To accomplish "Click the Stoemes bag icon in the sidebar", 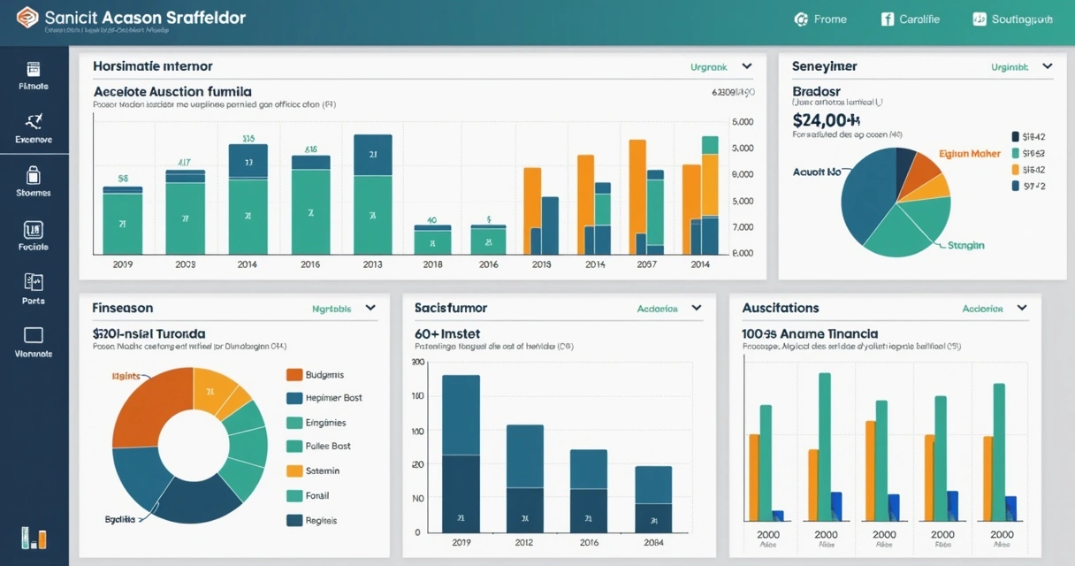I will point(34,174).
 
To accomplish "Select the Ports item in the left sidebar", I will point(34,283).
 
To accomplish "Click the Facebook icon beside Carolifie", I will point(888,19).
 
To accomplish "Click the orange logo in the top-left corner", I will point(27,18).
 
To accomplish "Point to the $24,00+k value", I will point(827,120).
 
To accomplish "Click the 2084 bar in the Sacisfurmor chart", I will point(653,499).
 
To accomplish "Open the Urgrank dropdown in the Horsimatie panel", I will point(720,66).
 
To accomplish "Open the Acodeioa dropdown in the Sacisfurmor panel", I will point(669,309).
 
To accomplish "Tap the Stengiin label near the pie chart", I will point(965,245).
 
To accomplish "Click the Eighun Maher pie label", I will point(969,154).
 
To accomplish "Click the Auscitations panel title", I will point(780,308).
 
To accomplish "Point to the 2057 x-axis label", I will point(646,264).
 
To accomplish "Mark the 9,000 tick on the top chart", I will point(743,174).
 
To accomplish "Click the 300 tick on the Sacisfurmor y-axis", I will point(418,362).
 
